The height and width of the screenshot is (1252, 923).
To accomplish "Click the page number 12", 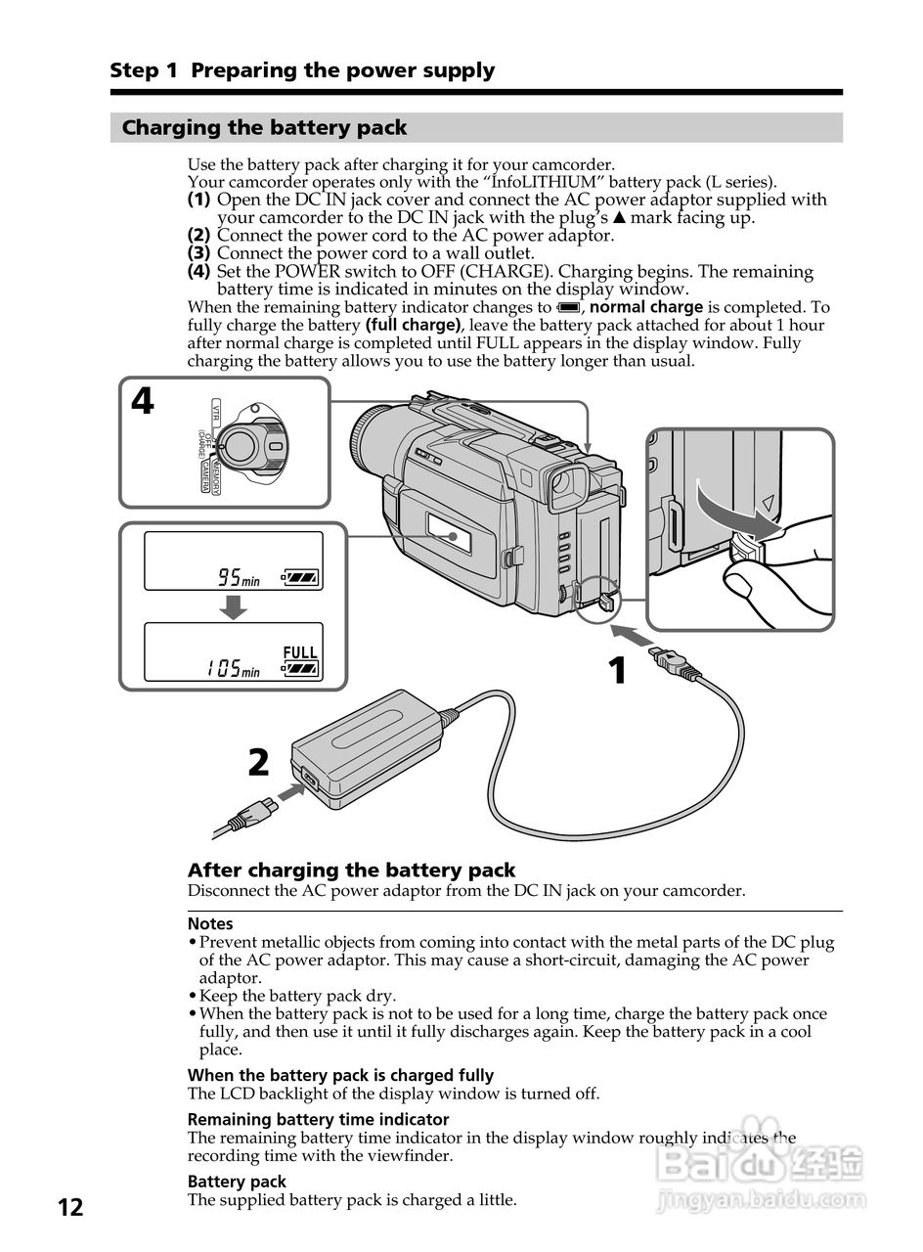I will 70,1206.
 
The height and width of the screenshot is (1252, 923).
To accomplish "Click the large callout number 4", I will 143,401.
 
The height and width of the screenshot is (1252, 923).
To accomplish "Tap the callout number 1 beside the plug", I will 617,671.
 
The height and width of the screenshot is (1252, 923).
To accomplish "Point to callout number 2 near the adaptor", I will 258,761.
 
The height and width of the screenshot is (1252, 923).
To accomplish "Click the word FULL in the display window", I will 300,652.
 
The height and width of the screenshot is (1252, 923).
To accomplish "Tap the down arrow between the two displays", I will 233,607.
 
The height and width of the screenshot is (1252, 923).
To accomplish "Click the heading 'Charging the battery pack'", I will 264,128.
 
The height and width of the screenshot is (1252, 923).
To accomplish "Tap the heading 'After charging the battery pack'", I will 351,870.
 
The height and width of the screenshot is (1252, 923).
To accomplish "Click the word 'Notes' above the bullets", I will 210,923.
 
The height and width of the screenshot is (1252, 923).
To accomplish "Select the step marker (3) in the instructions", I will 198,253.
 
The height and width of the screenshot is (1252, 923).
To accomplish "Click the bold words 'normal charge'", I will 647,307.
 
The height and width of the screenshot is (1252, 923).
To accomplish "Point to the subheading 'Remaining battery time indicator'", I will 318,1119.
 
